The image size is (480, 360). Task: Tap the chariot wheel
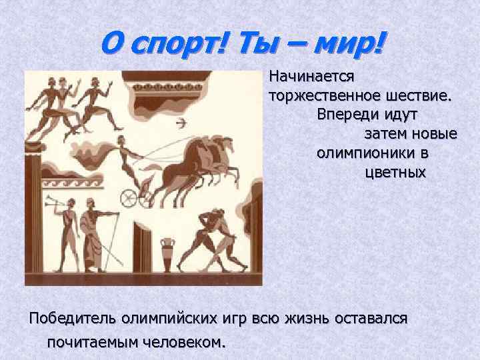point(128,197)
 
